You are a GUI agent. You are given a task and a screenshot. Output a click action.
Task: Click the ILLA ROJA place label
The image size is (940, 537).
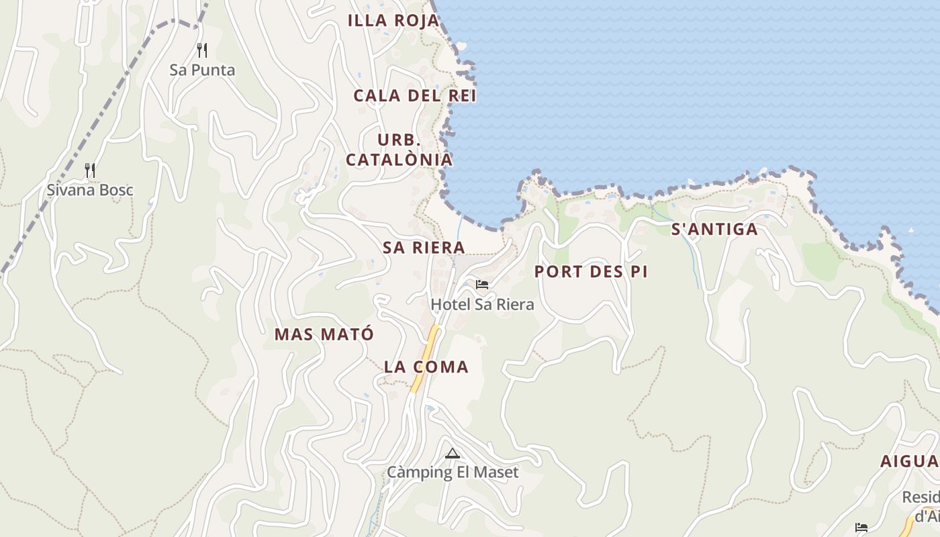[x=393, y=21]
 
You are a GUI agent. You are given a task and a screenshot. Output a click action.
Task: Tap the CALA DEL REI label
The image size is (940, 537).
[x=415, y=95]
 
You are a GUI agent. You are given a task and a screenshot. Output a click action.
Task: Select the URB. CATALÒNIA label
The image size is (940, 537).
[x=399, y=150]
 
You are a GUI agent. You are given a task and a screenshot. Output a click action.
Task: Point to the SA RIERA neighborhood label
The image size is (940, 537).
[x=424, y=247]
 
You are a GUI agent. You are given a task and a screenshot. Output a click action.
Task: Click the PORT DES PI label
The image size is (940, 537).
[x=591, y=272]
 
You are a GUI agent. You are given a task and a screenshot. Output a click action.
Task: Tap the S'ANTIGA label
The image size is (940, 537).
[x=714, y=230]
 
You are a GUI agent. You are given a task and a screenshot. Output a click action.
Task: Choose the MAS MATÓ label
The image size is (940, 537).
[x=324, y=334]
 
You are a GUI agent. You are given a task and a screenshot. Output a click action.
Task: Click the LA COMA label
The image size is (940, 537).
[x=426, y=367]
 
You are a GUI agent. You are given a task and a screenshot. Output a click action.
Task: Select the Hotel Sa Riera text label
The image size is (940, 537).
[x=482, y=304]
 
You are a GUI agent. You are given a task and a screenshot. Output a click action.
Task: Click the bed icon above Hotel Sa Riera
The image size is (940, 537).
[x=481, y=285]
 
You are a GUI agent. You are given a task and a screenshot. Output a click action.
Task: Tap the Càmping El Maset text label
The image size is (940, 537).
[x=453, y=472]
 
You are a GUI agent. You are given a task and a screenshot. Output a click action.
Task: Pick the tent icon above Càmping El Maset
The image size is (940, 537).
[x=452, y=453]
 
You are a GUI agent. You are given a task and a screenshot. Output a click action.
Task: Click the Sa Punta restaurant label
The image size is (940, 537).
[x=202, y=70]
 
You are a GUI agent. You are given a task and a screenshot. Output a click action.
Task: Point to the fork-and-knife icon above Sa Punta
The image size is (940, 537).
[x=201, y=50]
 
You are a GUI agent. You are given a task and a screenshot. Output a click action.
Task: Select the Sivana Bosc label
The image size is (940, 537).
[x=90, y=190]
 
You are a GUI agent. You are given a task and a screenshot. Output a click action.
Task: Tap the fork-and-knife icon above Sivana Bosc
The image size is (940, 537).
[x=90, y=170]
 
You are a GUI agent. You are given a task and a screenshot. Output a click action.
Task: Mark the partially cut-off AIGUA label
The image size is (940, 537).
[x=910, y=462]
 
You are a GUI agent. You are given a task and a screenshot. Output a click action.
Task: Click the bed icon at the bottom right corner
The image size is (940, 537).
[x=861, y=527]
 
